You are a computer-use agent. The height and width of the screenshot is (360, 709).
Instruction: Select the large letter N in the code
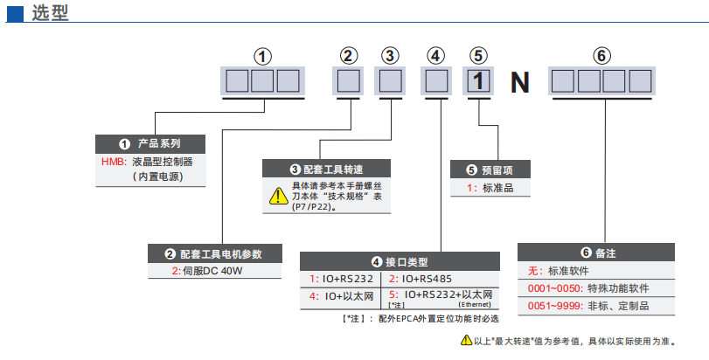520,83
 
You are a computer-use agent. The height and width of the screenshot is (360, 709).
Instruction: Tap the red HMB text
114,162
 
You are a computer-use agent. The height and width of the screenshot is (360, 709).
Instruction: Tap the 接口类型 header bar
400,261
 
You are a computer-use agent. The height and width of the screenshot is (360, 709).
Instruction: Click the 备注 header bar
598,253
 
